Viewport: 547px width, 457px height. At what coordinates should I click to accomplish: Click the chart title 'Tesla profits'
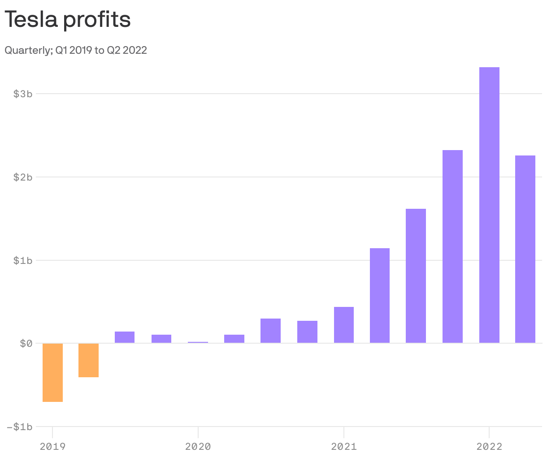click(67, 19)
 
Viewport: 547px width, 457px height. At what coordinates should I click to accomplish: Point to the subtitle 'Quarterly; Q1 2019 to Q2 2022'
click(76, 50)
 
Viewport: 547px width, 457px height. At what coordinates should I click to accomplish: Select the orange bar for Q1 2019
click(52, 372)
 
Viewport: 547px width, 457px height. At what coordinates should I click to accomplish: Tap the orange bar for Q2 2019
click(88, 360)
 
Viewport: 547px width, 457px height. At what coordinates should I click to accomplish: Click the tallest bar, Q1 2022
click(489, 205)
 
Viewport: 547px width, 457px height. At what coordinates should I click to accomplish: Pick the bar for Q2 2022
click(525, 249)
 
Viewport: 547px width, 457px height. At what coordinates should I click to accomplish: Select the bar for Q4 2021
click(452, 246)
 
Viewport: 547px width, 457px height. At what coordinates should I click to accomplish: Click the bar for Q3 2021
click(416, 276)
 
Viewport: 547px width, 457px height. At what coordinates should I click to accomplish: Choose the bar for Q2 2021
click(380, 296)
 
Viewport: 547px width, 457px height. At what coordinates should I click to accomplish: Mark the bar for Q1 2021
click(344, 325)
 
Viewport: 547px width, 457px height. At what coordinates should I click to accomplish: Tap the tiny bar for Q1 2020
click(198, 342)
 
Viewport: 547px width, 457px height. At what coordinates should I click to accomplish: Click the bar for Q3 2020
click(270, 331)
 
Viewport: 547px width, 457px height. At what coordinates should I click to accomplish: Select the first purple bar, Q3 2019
click(125, 337)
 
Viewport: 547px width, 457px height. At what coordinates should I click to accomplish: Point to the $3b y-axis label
click(23, 94)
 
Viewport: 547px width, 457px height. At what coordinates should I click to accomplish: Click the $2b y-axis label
click(23, 177)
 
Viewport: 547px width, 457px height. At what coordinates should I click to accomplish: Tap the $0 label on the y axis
click(26, 343)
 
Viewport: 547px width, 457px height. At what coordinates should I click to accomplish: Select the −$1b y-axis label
click(20, 427)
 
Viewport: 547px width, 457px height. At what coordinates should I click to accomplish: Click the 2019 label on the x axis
click(52, 446)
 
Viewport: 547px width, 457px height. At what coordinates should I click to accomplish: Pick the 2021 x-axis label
click(343, 446)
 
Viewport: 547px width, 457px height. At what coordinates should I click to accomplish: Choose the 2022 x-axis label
click(489, 446)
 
